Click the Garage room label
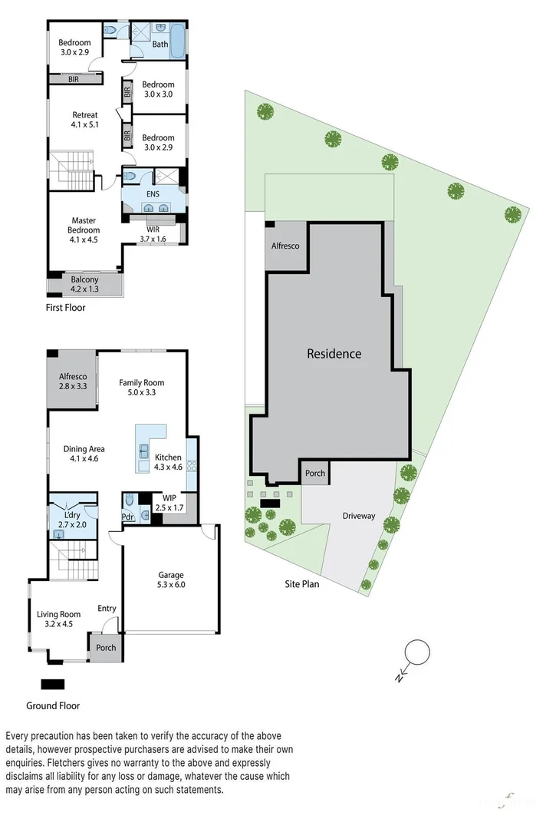171,580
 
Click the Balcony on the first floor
84,285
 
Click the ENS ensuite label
153,194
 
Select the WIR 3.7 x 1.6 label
153,234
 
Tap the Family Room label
141,388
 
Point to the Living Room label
59,619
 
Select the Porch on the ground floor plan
106,648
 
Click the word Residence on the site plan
334,354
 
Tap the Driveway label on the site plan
359,516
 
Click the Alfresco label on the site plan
285,246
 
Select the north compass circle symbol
418,652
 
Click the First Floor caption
66,308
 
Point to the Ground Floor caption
53,705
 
